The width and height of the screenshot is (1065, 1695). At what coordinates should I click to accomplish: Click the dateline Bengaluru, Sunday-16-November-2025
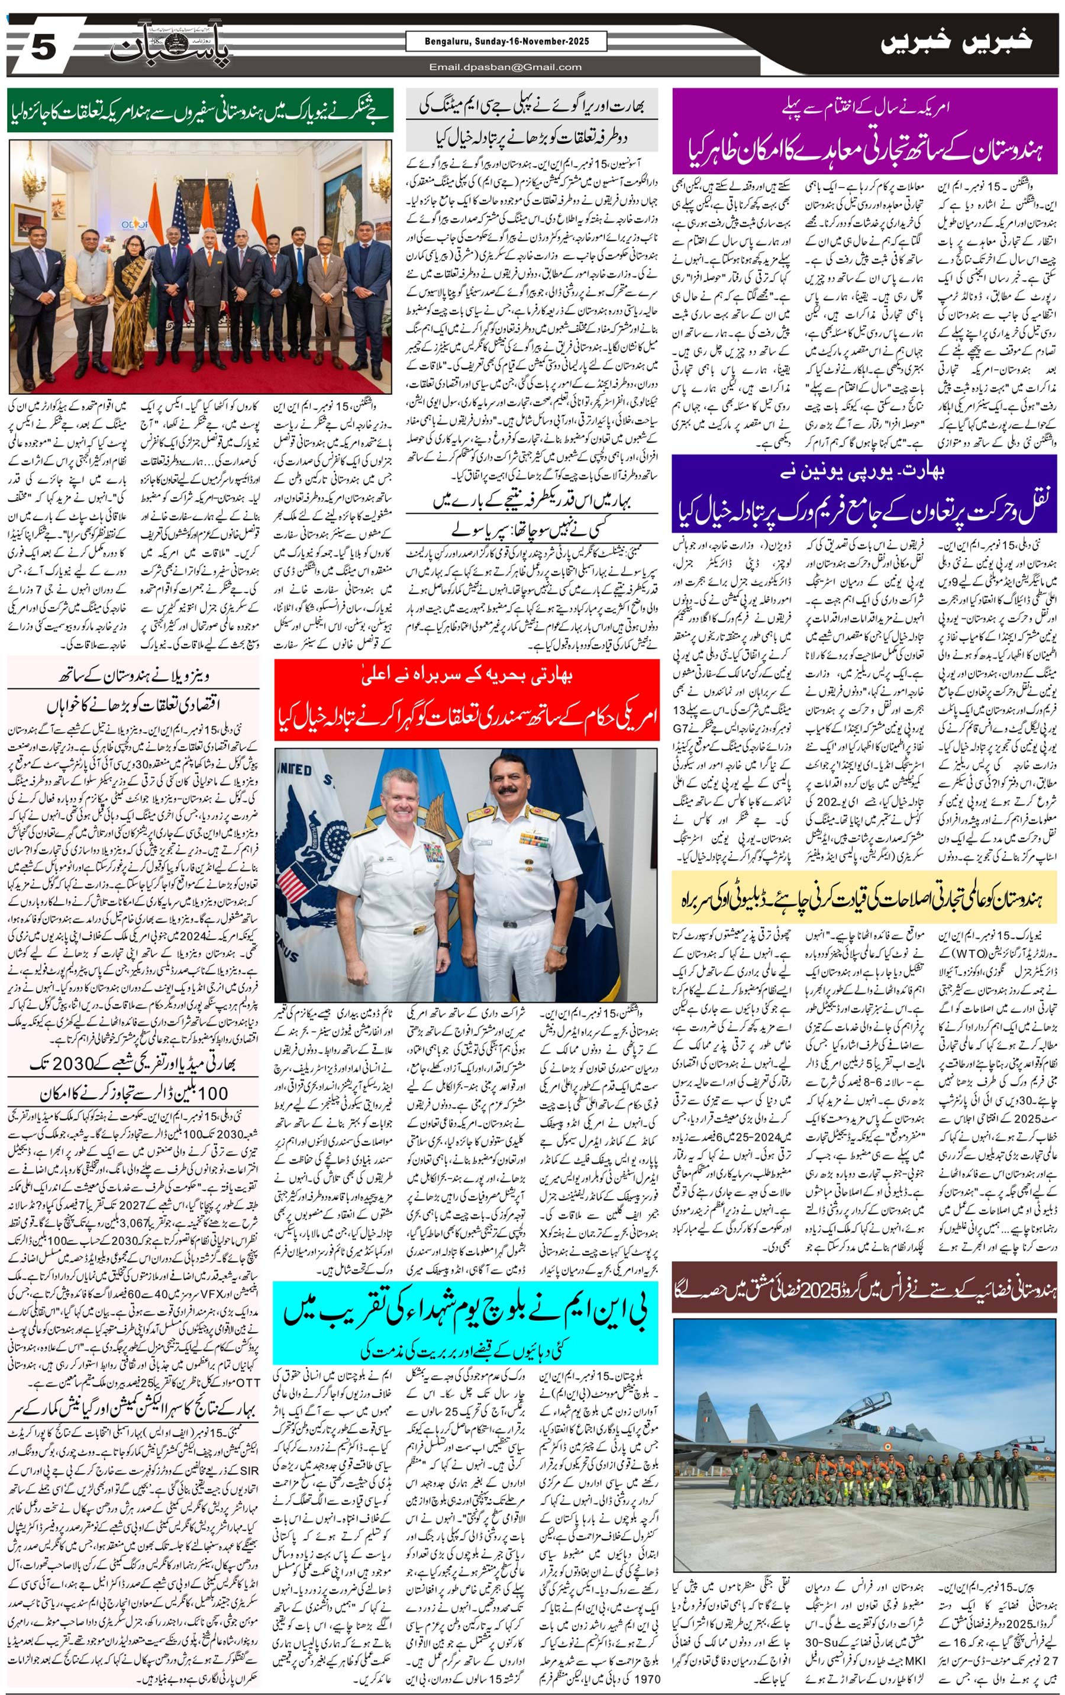506,41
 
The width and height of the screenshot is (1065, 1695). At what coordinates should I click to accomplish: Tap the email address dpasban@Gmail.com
506,67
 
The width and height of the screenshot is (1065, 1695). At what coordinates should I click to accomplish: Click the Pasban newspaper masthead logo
170,47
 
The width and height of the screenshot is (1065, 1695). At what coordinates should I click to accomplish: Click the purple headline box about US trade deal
864,131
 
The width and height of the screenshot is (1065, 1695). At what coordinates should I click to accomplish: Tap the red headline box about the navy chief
467,699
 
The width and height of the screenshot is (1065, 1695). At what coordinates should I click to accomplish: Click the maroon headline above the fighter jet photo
864,1287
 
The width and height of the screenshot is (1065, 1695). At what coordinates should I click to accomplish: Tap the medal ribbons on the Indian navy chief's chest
535,839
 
